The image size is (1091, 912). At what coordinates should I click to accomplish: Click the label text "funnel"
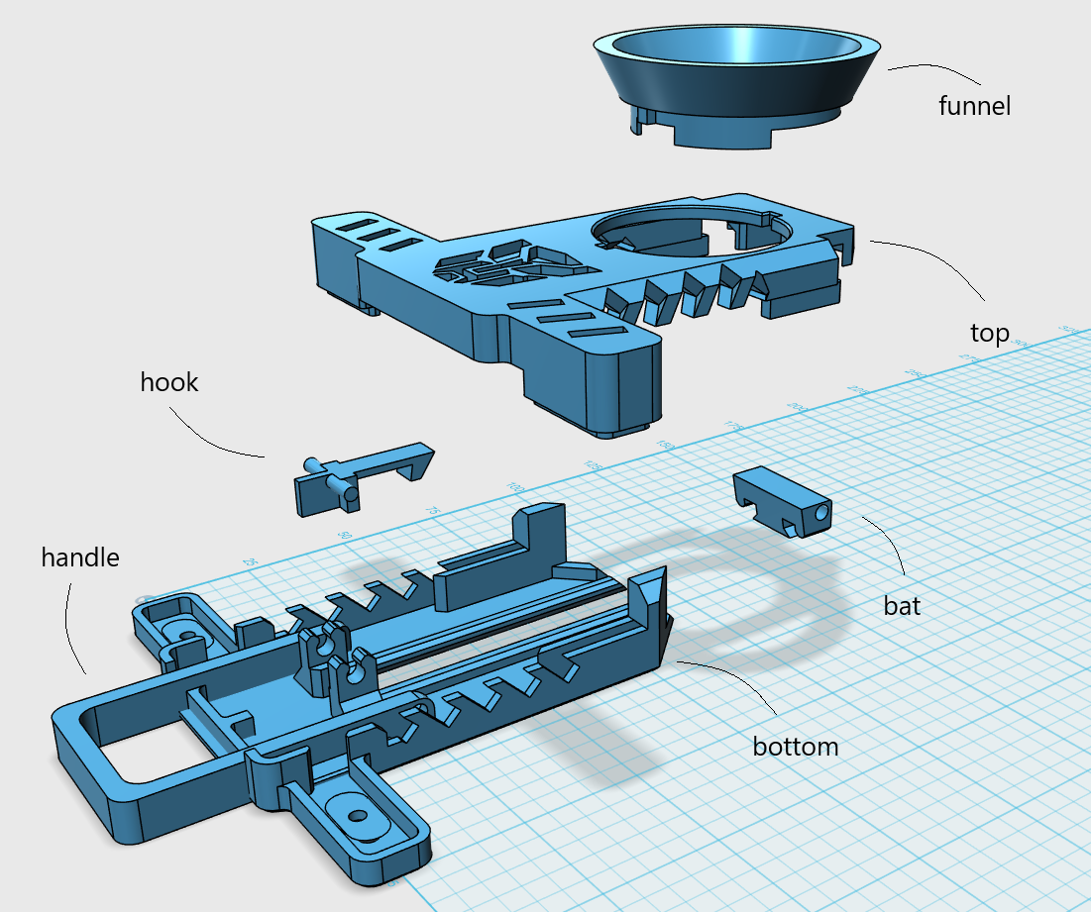tap(974, 105)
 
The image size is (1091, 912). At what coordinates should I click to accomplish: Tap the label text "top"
tap(989, 333)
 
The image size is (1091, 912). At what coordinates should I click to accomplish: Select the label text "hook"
tap(169, 382)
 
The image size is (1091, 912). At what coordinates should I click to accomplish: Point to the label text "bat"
tap(902, 605)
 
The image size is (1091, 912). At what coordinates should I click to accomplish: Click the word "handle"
tap(79, 557)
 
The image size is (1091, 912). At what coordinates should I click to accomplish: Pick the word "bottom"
tap(795, 746)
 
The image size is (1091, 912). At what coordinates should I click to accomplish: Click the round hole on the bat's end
tap(818, 515)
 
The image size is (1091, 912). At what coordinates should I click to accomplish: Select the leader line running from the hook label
tap(213, 436)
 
